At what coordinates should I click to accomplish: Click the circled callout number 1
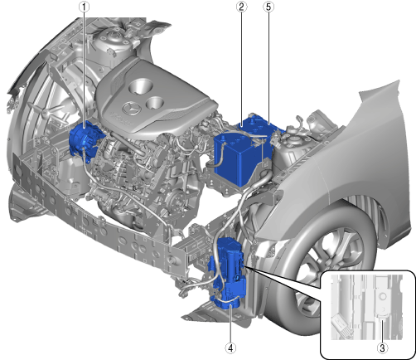pyautogui.click(x=85, y=7)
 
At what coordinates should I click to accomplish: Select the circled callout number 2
pyautogui.click(x=241, y=7)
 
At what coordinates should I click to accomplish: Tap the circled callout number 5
pyautogui.click(x=268, y=7)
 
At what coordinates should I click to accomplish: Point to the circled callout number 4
pyautogui.click(x=230, y=348)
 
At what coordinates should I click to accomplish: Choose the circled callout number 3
pyautogui.click(x=382, y=348)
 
